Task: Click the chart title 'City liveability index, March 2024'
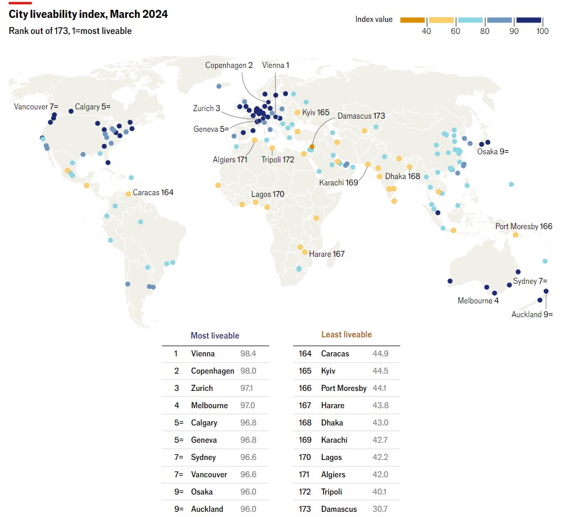click(x=88, y=14)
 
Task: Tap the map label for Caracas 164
click(x=153, y=192)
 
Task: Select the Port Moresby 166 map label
click(x=524, y=226)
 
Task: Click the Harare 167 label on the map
click(x=326, y=254)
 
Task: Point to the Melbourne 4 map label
click(x=478, y=301)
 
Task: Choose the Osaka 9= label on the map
click(x=492, y=151)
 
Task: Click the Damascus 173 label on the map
click(x=361, y=116)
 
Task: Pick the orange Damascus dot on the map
click(x=312, y=147)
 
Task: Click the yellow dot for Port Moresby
click(x=516, y=235)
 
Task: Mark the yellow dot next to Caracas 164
click(x=129, y=194)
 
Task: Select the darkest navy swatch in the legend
click(x=529, y=20)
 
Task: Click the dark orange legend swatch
click(x=412, y=20)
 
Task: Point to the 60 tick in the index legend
click(x=456, y=31)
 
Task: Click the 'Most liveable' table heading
click(x=215, y=336)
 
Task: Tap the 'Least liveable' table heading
click(x=346, y=334)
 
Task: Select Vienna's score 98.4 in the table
click(x=248, y=353)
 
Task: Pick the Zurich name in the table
click(x=202, y=388)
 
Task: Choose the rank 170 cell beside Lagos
click(x=305, y=457)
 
